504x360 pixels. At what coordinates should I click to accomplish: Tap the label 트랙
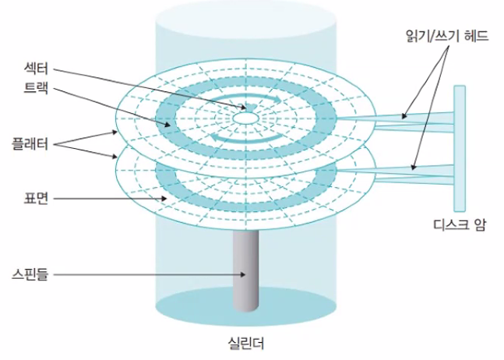tap(37, 89)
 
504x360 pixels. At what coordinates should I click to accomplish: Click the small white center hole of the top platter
tap(246, 117)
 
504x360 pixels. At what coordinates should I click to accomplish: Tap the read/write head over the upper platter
tap(405, 117)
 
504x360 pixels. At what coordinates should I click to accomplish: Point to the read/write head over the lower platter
tap(413, 167)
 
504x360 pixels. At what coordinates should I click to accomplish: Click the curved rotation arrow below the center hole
tap(245, 138)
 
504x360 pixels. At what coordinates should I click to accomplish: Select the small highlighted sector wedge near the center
tap(252, 106)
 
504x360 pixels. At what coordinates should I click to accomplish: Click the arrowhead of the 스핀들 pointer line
tap(246, 274)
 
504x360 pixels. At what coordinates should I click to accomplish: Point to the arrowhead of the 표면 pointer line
tap(164, 199)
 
